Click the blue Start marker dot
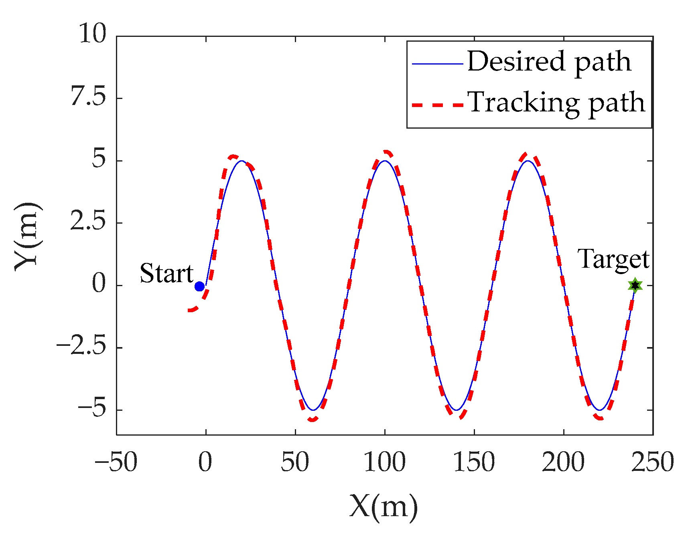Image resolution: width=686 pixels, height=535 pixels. pyautogui.click(x=199, y=286)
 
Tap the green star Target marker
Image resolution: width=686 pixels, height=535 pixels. pyautogui.click(x=635, y=285)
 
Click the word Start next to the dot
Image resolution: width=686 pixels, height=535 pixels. pyautogui.click(x=166, y=274)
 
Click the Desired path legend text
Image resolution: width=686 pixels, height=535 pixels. pyautogui.click(x=549, y=62)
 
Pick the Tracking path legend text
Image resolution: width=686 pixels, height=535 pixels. pyautogui.click(x=556, y=103)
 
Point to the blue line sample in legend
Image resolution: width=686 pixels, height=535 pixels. pyautogui.click(x=437, y=63)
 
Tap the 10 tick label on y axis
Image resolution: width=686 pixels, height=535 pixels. pyautogui.click(x=92, y=34)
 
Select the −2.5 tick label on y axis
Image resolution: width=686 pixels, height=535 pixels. pyautogui.click(x=81, y=347)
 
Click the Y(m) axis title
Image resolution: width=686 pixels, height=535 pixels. pyautogui.click(x=27, y=236)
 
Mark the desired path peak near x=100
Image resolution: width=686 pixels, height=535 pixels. pyautogui.click(x=385, y=161)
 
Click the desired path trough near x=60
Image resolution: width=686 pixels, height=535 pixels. pyautogui.click(x=313, y=410)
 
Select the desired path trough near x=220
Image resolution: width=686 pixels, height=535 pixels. pyautogui.click(x=599, y=410)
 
